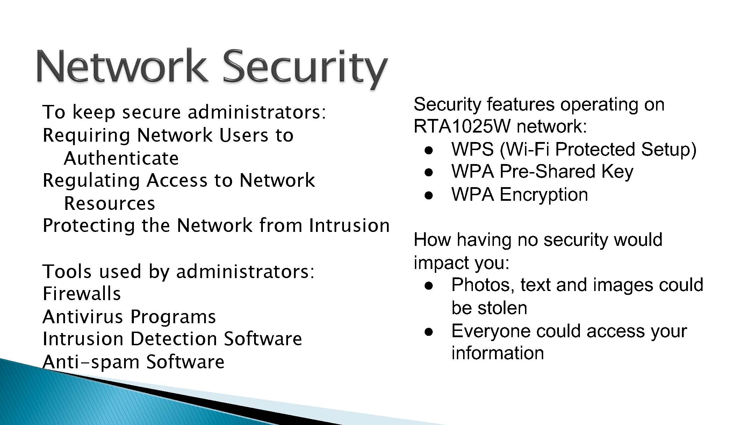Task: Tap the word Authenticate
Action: (x=121, y=158)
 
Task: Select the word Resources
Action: (x=109, y=203)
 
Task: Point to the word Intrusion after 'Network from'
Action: (x=350, y=225)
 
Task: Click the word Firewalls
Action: (x=81, y=293)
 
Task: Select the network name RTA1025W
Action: (x=462, y=126)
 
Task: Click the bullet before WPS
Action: (x=429, y=150)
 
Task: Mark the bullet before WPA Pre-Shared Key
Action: (x=429, y=172)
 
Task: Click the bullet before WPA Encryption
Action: (x=429, y=195)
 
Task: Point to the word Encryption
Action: (x=544, y=195)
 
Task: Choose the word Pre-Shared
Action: (x=547, y=171)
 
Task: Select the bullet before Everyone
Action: (x=429, y=332)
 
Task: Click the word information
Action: (x=498, y=353)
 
